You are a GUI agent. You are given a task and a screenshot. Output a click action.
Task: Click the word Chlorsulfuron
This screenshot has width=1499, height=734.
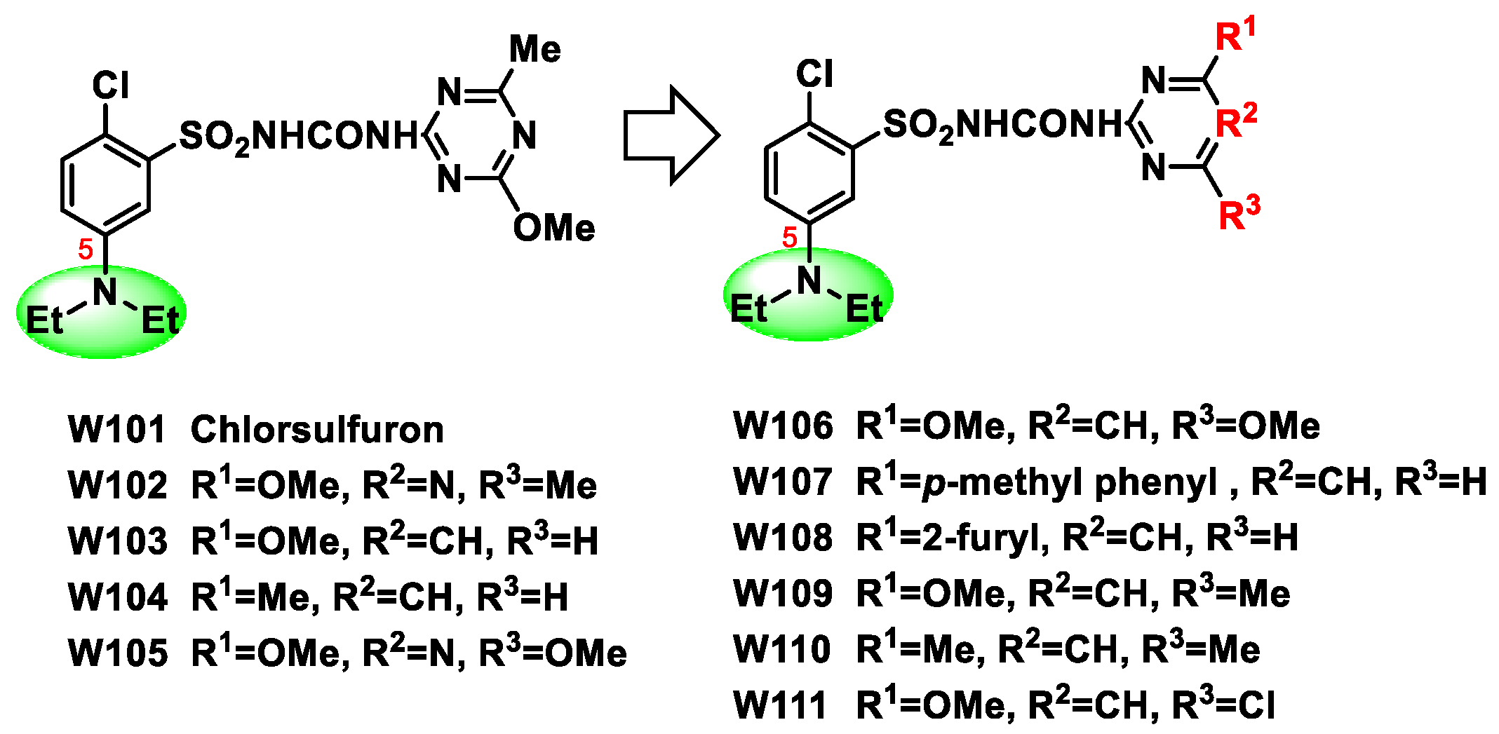(x=317, y=429)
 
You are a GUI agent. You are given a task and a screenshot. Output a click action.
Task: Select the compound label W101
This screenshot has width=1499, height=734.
(x=116, y=429)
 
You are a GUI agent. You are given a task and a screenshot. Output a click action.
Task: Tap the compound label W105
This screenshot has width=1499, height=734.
(x=117, y=653)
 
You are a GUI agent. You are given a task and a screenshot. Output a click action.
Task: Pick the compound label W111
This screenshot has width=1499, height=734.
(x=780, y=705)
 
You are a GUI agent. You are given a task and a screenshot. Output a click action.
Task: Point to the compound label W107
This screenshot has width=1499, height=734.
(x=782, y=482)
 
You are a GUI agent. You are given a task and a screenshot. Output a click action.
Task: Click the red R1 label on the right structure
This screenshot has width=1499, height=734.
(x=1235, y=35)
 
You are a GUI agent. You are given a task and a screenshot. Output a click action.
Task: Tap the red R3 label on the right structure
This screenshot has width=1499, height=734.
(x=1239, y=213)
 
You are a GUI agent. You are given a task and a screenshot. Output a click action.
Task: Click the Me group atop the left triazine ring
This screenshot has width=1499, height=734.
(x=535, y=50)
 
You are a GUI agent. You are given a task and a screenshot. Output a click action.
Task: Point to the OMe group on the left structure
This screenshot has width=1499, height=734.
(x=553, y=228)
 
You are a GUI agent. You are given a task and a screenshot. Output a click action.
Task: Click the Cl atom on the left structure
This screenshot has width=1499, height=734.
(x=111, y=86)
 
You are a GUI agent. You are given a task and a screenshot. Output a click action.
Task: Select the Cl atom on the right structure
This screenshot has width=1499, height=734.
(x=814, y=74)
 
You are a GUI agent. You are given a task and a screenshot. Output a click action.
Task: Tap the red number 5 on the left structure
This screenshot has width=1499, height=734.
(x=86, y=249)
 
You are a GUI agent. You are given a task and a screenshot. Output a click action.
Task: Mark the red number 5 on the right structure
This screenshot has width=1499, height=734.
(x=790, y=238)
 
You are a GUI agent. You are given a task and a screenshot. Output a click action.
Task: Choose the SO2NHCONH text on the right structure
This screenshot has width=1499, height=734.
(x=1003, y=125)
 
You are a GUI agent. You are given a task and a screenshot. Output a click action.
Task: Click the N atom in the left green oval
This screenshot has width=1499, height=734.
(x=106, y=292)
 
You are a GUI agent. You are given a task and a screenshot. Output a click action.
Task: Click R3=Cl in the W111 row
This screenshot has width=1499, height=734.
(x=1223, y=705)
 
